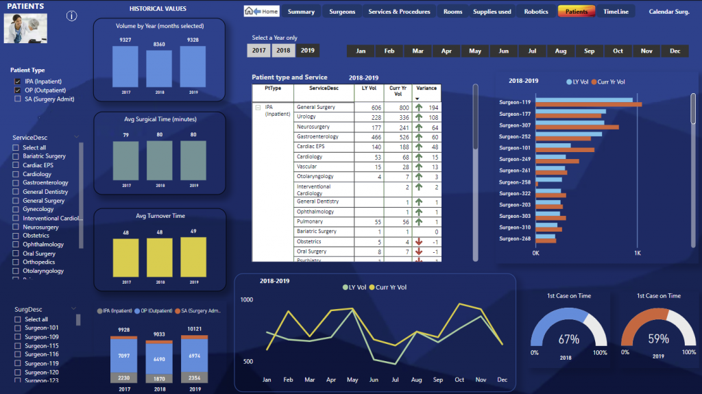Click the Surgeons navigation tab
342,12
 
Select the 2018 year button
283,50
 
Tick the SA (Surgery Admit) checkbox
18,99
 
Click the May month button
475,51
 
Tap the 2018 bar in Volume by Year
159,69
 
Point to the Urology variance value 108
431,118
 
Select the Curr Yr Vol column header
394,91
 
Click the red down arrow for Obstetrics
418,242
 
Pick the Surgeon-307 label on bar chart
515,125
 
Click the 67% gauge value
569,339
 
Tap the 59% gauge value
658,339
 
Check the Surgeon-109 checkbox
18,337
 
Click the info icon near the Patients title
71,16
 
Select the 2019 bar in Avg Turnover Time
193,257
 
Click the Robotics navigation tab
536,12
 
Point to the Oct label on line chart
459,380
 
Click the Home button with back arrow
262,12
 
